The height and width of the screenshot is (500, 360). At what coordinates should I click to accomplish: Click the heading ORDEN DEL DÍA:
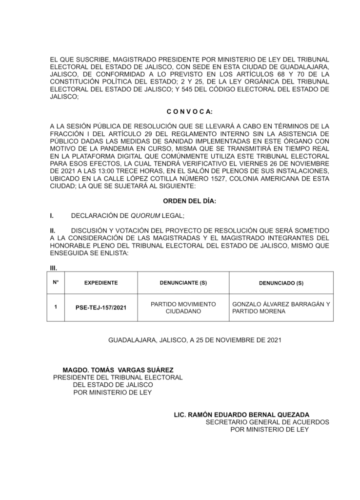click(x=189, y=201)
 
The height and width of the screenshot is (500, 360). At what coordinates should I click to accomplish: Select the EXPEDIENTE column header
click(x=101, y=283)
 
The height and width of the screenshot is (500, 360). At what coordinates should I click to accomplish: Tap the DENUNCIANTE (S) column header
click(x=183, y=283)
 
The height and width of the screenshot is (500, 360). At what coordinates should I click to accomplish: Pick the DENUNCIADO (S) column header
click(x=281, y=283)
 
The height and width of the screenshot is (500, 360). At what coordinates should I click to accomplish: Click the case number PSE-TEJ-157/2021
click(x=101, y=308)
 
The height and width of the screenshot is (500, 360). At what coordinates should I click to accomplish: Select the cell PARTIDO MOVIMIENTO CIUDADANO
click(x=183, y=308)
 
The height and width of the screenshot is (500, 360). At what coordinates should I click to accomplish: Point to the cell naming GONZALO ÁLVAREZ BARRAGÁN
click(x=281, y=304)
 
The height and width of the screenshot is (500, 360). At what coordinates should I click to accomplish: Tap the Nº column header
click(x=56, y=282)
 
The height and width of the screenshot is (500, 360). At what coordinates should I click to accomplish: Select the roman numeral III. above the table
click(x=54, y=268)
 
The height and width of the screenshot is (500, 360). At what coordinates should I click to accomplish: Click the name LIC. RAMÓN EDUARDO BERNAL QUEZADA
click(x=241, y=414)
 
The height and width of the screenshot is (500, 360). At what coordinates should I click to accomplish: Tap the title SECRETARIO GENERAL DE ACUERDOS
click(x=267, y=421)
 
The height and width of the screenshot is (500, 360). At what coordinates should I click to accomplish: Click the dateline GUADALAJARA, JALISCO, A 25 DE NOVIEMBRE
click(x=195, y=339)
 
